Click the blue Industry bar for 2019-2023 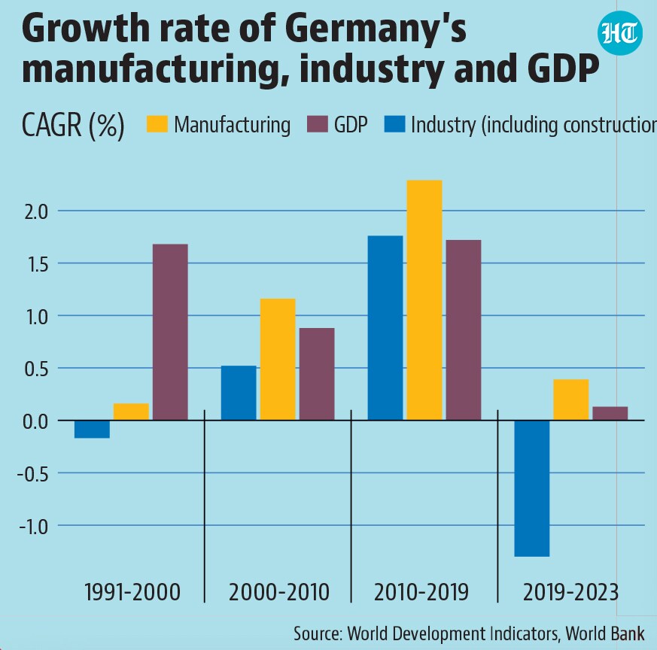click(x=532, y=488)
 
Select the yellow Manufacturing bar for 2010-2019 click(x=424, y=300)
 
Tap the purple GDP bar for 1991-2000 click(x=170, y=332)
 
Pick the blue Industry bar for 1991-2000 click(x=92, y=430)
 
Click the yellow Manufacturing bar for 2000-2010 click(x=278, y=360)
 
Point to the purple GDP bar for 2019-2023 click(x=610, y=413)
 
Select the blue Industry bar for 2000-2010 click(x=239, y=393)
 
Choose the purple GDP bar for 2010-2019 click(x=464, y=330)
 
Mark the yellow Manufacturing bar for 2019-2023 click(x=571, y=399)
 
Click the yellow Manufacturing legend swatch click(x=157, y=124)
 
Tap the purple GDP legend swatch click(x=317, y=124)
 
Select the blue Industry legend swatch click(x=394, y=124)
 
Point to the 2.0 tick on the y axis click(x=36, y=212)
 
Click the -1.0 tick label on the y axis click(x=34, y=527)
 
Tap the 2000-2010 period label click(x=279, y=592)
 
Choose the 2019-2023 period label click(x=571, y=592)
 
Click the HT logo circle click(x=619, y=33)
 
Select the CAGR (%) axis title click(x=73, y=125)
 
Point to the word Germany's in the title click(x=376, y=29)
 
